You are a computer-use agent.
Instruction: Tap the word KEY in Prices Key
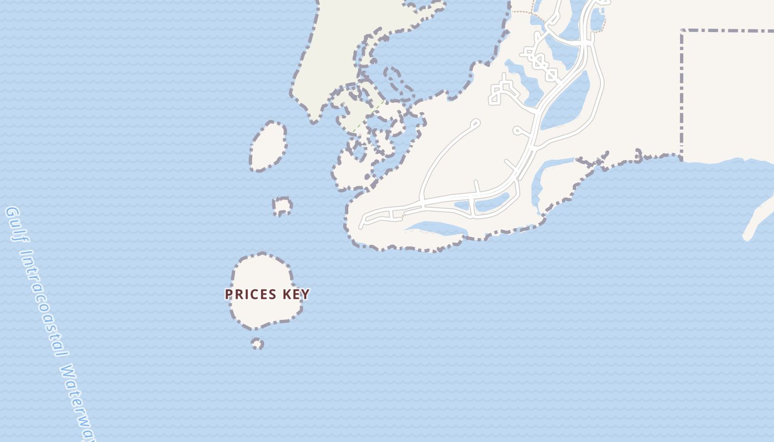296,294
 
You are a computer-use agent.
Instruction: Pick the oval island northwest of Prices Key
268,146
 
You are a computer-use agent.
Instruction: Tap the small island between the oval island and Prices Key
282,206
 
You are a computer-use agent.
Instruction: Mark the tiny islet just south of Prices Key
257,344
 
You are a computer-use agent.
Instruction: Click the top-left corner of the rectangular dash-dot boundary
682,31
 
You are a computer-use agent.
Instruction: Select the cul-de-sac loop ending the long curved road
475,123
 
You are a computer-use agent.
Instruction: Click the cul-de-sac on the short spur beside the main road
517,131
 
